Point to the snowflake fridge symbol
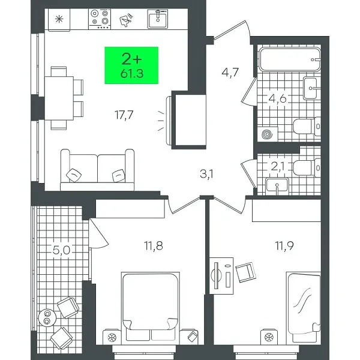(x=58, y=19)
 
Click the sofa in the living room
(x=97, y=170)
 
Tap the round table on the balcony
(x=46, y=317)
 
